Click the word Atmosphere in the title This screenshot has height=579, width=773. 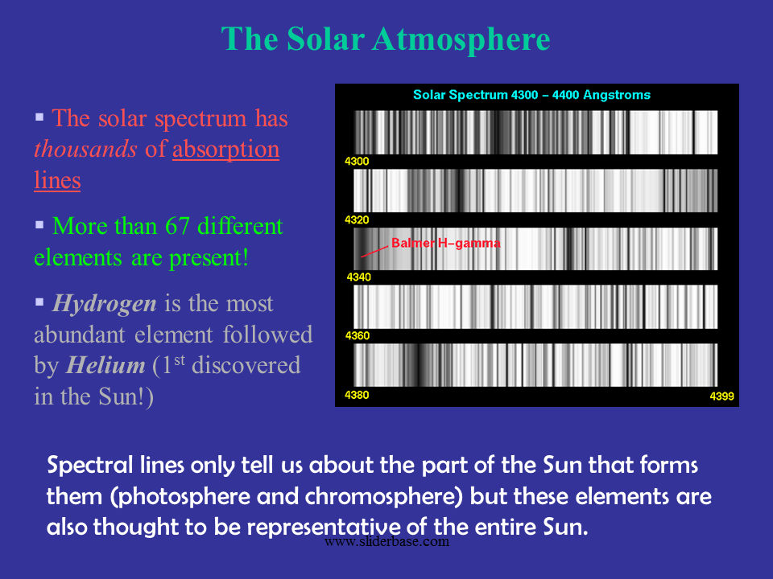(461, 39)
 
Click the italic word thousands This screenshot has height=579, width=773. (85, 149)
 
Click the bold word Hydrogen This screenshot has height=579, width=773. (105, 304)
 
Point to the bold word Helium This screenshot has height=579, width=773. (105, 365)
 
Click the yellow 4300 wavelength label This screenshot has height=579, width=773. (357, 162)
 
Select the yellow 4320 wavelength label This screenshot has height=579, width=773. (357, 220)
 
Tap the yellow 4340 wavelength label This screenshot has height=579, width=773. (359, 277)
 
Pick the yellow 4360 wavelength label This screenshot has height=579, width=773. (358, 336)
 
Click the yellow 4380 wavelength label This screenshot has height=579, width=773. (357, 395)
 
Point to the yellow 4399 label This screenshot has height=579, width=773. (721, 396)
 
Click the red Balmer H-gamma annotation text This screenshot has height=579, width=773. (445, 243)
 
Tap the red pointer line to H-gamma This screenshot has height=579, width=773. (374, 252)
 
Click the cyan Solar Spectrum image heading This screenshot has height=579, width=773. (531, 95)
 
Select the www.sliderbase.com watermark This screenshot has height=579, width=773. (387, 541)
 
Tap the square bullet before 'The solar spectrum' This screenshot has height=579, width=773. (39, 117)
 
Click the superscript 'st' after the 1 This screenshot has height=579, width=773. (180, 360)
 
